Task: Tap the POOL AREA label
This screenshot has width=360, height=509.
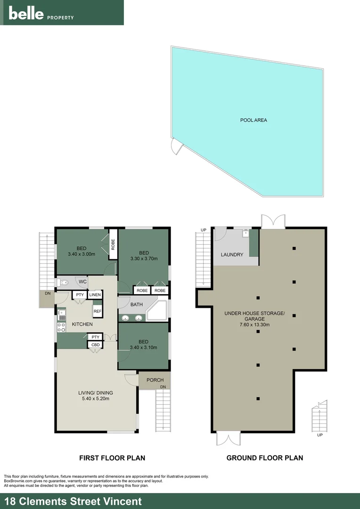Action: (x=254, y=120)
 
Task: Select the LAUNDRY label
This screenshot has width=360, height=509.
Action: (x=232, y=255)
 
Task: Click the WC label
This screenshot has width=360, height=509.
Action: (x=82, y=282)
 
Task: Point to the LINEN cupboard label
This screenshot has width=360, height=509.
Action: (x=95, y=295)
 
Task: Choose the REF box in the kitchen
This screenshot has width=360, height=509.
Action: (x=98, y=311)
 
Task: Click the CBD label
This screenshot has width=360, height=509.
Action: (x=95, y=345)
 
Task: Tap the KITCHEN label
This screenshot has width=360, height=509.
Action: (x=82, y=324)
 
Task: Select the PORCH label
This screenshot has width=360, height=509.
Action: (x=155, y=380)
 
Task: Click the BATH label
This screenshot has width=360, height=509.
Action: (x=137, y=304)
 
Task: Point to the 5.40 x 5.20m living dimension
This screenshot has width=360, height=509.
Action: (x=95, y=399)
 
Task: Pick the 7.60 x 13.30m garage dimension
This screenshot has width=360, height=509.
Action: (x=254, y=325)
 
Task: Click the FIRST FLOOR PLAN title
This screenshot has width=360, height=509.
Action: (x=112, y=458)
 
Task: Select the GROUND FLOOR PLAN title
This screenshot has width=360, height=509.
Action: (x=264, y=458)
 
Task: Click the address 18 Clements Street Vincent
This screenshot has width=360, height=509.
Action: (x=73, y=501)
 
